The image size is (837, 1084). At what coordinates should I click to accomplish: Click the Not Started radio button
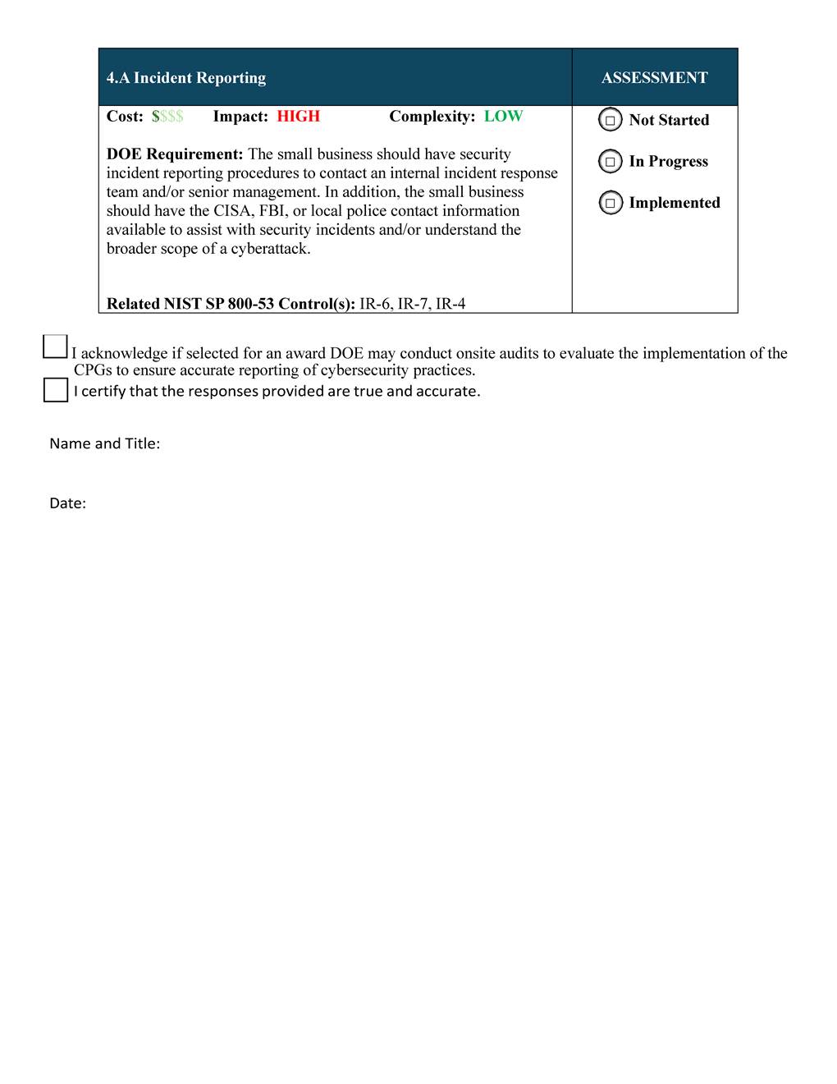pos(611,120)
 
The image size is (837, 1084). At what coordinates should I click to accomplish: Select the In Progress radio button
pos(611,161)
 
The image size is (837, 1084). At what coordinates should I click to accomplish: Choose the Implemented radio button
pos(611,203)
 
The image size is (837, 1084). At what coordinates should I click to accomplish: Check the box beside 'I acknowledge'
pos(55,347)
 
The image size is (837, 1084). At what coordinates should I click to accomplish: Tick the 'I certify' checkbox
pos(56,390)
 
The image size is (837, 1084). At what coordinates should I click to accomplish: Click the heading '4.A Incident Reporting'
pos(186,78)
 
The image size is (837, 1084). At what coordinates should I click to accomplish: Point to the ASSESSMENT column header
pos(654,78)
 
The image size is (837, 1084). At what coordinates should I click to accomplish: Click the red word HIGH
pos(298,117)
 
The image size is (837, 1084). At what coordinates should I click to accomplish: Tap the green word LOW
pos(503,117)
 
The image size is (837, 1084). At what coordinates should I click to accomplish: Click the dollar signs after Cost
pos(167,117)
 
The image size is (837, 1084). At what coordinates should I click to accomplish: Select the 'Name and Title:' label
pos(104,443)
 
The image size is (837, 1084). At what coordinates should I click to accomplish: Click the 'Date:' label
pos(67,503)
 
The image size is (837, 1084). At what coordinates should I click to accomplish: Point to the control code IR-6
pos(375,304)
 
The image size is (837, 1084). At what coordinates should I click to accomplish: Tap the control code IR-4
pos(451,304)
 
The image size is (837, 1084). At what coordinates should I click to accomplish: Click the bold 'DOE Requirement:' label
pos(175,154)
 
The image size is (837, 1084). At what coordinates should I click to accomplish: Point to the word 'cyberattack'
pos(270,249)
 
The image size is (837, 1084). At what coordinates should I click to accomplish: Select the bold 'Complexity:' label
pos(432,117)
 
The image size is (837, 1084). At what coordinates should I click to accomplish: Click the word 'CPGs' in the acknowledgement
pos(93,370)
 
